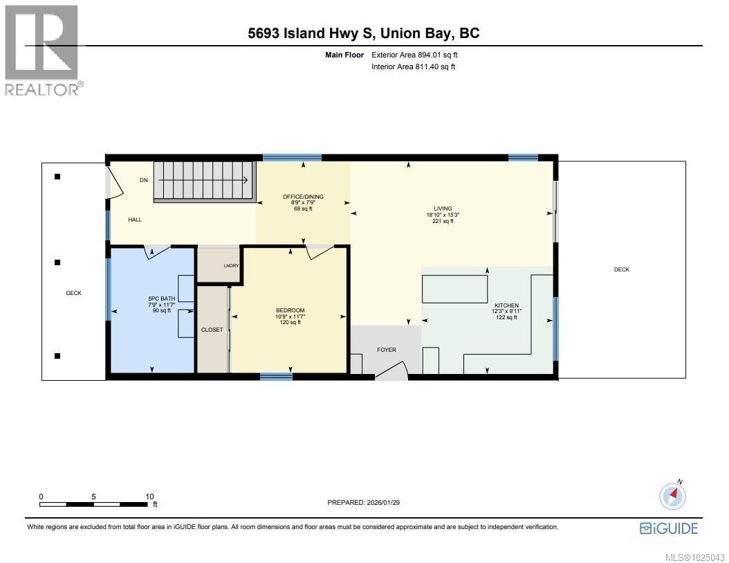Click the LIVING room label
click(x=443, y=208)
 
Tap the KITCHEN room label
click(x=506, y=305)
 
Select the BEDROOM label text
click(x=290, y=310)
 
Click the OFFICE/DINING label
click(x=303, y=197)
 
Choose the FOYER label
click(x=386, y=350)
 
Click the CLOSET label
click(x=212, y=330)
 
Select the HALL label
click(x=134, y=220)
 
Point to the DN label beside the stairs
click(x=144, y=180)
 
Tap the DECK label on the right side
click(x=621, y=269)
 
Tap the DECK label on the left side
click(x=73, y=293)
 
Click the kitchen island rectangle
click(x=452, y=289)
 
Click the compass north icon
click(x=673, y=495)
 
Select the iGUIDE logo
click(x=669, y=528)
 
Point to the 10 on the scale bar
click(x=149, y=497)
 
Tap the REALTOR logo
click(x=42, y=50)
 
